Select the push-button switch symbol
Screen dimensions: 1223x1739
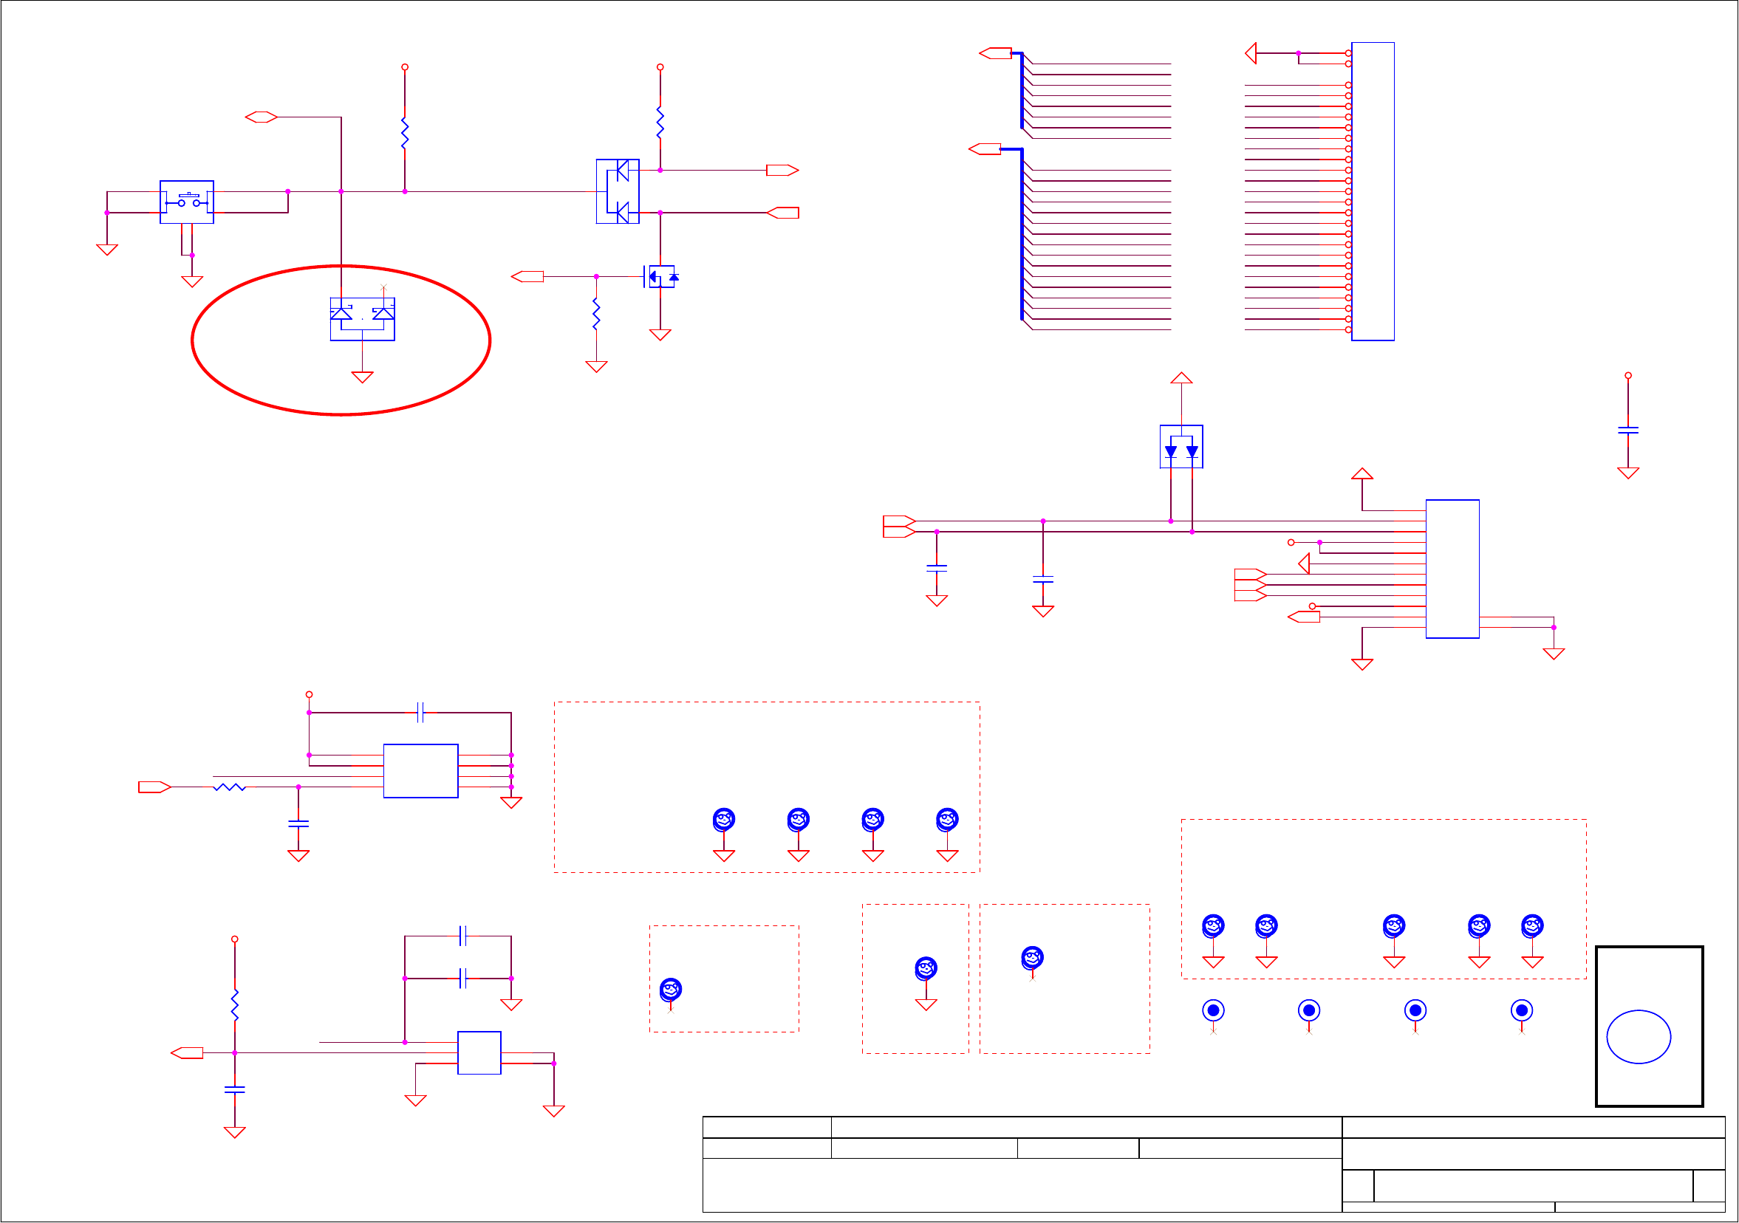187,202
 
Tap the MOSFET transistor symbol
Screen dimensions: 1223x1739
660,276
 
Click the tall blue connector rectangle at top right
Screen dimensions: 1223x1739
1373,191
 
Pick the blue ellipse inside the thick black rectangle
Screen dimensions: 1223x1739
1639,1037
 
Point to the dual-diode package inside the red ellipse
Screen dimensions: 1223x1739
362,319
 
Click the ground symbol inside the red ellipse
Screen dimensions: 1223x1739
362,377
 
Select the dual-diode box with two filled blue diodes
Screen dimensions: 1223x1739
1181,447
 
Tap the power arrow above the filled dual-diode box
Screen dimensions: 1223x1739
1181,378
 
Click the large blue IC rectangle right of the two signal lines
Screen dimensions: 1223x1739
1452,569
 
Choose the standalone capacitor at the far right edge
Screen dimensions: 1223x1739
1627,430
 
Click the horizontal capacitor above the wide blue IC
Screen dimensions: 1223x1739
421,713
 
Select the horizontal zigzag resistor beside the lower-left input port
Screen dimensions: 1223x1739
230,787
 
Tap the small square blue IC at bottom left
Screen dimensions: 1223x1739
479,1052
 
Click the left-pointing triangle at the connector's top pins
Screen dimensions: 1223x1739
1251,53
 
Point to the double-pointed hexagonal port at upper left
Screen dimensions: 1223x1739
262,117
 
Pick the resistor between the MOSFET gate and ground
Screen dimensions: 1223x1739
596,314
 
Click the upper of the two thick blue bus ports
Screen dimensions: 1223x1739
995,53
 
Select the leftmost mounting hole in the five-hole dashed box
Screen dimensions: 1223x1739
1212,925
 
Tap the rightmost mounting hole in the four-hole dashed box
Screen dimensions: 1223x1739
947,819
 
